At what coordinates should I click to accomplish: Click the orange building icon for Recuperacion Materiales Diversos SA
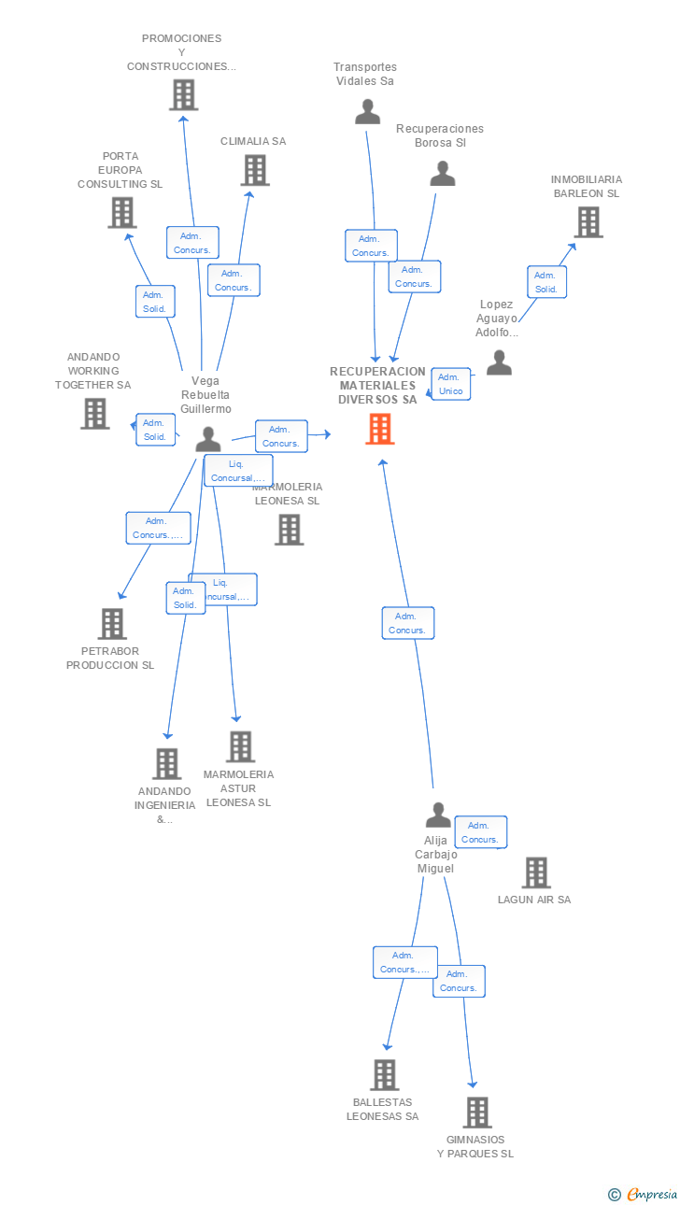pos(379,429)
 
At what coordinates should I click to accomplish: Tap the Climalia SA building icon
pos(255,170)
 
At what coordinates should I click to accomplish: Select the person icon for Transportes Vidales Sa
pos(368,112)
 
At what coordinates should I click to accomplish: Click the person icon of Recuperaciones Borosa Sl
pos(442,174)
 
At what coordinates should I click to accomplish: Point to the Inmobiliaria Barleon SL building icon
pos(588,222)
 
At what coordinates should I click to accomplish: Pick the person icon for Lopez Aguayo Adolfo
pos(499,363)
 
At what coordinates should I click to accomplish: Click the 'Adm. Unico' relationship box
pos(450,384)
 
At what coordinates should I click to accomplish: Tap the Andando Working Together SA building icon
pos(94,413)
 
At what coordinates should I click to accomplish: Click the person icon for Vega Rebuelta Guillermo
pos(208,438)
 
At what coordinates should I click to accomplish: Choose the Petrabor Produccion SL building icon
pos(112,623)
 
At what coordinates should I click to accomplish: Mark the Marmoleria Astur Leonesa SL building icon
pos(240,746)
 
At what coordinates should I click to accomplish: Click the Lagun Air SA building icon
pos(535,872)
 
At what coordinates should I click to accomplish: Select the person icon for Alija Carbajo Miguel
pos(437,815)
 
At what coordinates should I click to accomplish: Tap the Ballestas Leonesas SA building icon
pos(384,1075)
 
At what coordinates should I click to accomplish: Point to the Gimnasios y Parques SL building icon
pos(476,1113)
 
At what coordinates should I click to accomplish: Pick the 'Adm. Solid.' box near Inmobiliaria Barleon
pos(545,282)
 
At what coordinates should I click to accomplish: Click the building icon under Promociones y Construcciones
pos(183,95)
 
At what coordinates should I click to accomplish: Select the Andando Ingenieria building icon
pos(166,764)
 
